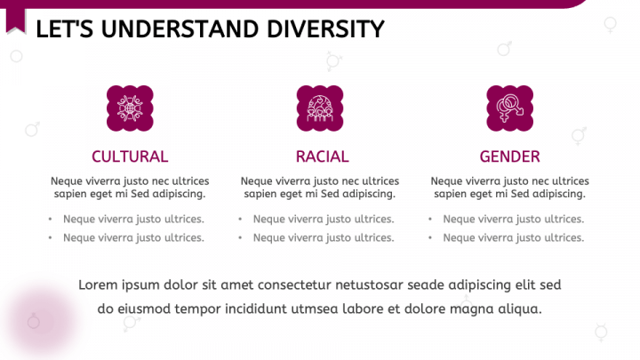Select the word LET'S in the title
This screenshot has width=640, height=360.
pyautogui.click(x=63, y=29)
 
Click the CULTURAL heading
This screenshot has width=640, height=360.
pyautogui.click(x=130, y=156)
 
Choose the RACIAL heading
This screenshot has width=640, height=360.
pyautogui.click(x=322, y=156)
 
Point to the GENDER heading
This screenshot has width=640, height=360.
pyautogui.click(x=509, y=156)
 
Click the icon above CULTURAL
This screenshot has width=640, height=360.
pyautogui.click(x=130, y=108)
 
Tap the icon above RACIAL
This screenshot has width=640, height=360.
pyautogui.click(x=320, y=108)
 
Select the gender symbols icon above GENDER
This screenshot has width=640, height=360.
pyautogui.click(x=509, y=108)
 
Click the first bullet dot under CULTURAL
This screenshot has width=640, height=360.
pyautogui.click(x=51, y=219)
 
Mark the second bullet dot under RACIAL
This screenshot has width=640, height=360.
pyautogui.click(x=241, y=237)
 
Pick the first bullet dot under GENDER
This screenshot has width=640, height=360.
pyautogui.click(x=431, y=219)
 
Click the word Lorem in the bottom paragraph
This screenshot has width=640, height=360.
pyautogui.click(x=98, y=284)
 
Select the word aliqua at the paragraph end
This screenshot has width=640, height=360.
pyautogui.click(x=518, y=308)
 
